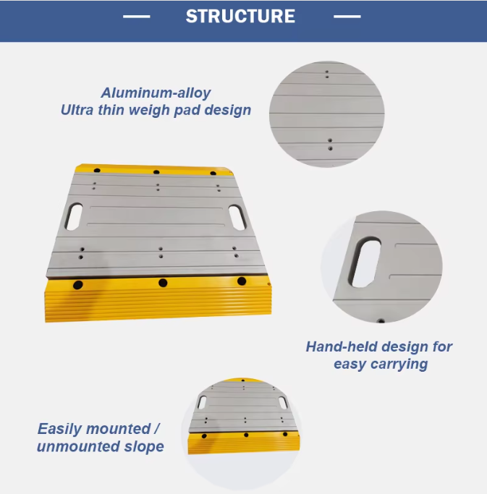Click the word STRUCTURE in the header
tap(240, 17)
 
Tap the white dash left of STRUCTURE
tap(137, 17)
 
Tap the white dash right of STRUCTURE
tap(347, 17)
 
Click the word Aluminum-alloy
tap(156, 93)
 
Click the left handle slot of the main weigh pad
tap(73, 216)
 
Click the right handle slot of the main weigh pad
tap(237, 218)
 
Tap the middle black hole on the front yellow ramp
tap(163, 283)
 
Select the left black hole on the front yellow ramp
tap(78, 285)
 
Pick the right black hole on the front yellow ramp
tap(242, 281)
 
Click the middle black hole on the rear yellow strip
tap(156, 172)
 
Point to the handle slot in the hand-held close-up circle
tap(366, 262)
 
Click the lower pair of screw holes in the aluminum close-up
tap(330, 144)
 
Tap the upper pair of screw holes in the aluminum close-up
tap(327, 74)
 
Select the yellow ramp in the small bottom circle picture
tap(244, 443)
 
